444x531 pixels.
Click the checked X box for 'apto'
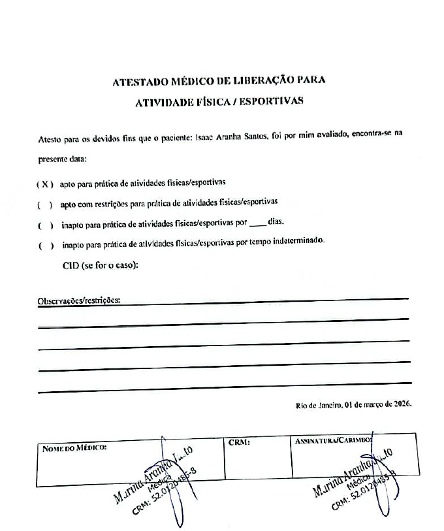click(x=44, y=184)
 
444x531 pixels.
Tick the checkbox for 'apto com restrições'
click(x=45, y=205)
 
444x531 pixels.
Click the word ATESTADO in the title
click(x=140, y=82)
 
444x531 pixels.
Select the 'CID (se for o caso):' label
click(x=99, y=265)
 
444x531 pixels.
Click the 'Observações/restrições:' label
click(x=80, y=301)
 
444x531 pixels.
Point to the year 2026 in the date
click(x=399, y=405)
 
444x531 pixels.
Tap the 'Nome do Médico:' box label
click(x=73, y=447)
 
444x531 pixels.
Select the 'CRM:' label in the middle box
click(x=239, y=443)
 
